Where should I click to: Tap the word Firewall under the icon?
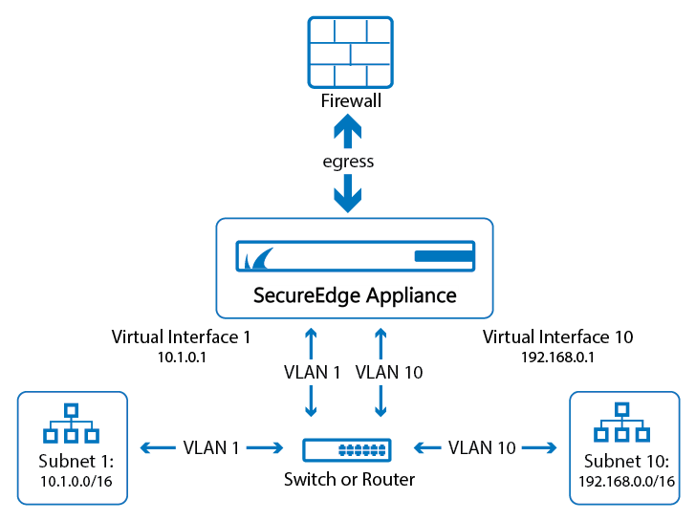349,100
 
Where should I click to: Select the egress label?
348,162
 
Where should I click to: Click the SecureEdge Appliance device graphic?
355,256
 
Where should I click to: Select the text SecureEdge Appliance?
355,294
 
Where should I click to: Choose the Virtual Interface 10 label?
557,336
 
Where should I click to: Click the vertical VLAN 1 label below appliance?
312,373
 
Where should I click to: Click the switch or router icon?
348,447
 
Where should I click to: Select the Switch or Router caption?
349,478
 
